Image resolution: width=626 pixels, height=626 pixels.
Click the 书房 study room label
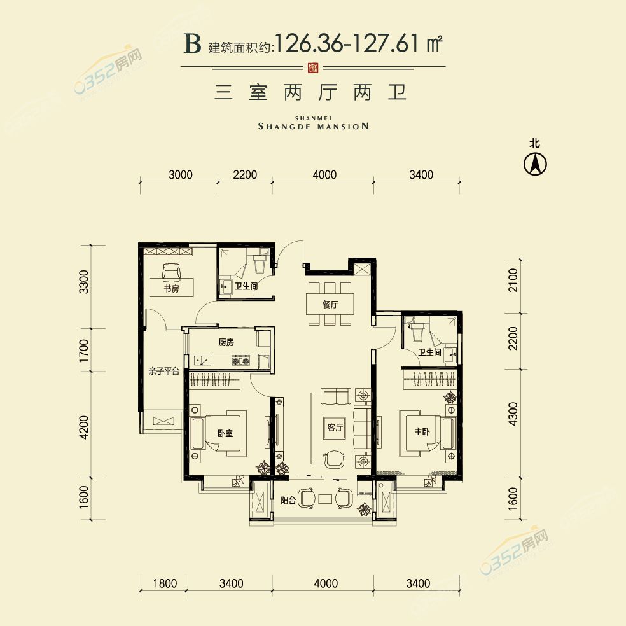tap(171, 288)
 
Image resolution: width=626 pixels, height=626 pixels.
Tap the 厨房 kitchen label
tap(226, 342)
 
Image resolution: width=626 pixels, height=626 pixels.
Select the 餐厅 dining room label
tap(330, 305)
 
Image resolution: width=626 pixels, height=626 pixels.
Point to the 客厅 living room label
tap(335, 427)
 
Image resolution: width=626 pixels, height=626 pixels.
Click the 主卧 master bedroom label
tap(422, 431)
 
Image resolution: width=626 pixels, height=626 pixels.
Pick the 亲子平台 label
tap(163, 372)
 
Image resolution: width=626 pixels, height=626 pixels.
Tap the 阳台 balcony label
tap(288, 500)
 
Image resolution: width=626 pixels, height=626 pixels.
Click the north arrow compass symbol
tap(535, 163)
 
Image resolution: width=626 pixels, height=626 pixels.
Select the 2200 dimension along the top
tap(245, 175)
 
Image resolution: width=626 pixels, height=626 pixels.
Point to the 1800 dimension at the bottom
tap(165, 583)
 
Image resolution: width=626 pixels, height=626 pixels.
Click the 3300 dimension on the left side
tap(84, 282)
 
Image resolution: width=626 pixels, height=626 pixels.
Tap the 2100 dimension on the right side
tap(513, 280)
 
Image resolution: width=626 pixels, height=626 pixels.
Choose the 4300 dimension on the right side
tap(513, 414)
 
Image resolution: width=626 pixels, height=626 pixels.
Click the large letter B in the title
tap(192, 43)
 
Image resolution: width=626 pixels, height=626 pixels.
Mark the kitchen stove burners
tap(241, 361)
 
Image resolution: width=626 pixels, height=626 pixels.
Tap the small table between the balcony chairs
tap(325, 499)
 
